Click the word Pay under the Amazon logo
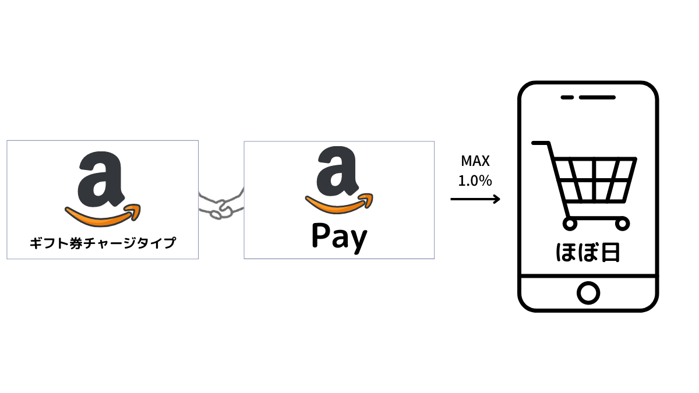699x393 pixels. pyautogui.click(x=340, y=238)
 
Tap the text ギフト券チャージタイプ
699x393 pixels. pyautogui.click(x=103, y=243)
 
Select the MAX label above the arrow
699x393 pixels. pyautogui.click(x=475, y=161)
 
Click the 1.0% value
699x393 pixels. pyautogui.click(x=475, y=181)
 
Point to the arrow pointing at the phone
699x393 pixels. pyautogui.click(x=475, y=199)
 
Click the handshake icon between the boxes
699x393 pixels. pyautogui.click(x=221, y=204)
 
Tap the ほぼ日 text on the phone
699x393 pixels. pyautogui.click(x=588, y=253)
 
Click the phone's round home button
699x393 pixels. pyautogui.click(x=588, y=293)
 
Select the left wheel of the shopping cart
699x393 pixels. pyautogui.click(x=570, y=224)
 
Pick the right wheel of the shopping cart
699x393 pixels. pyautogui.click(x=622, y=224)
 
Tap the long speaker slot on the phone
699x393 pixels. pyautogui.click(x=597, y=98)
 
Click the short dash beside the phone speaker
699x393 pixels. pyautogui.click(x=567, y=98)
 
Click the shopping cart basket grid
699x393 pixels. pyautogui.click(x=595, y=180)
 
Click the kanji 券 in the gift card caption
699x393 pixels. pyautogui.click(x=76, y=243)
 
